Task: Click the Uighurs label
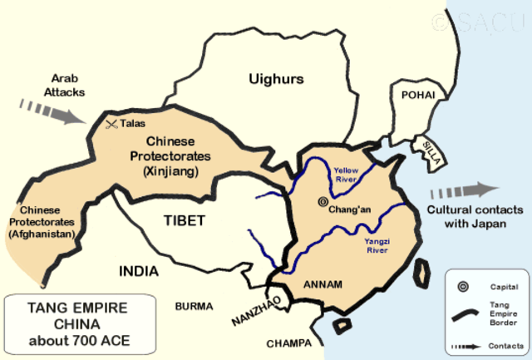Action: tap(276, 79)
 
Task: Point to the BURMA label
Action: tap(194, 306)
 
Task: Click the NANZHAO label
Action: tap(246, 313)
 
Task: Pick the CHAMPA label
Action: tap(288, 343)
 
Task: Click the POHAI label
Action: tap(418, 96)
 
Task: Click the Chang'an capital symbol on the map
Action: tap(323, 201)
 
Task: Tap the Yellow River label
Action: tap(346, 173)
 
